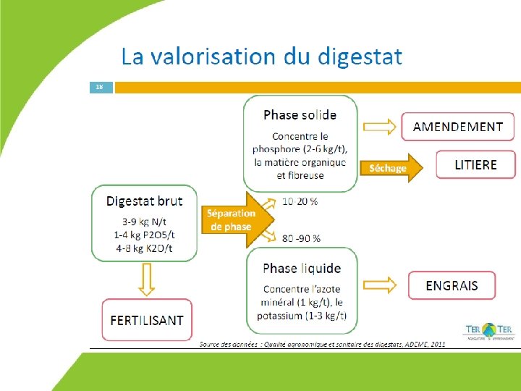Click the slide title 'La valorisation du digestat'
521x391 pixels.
pos(261,56)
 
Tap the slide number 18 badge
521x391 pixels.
pos(100,87)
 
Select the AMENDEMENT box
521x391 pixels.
pos(457,127)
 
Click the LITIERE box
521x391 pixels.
pos(475,164)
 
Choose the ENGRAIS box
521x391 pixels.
pos(452,285)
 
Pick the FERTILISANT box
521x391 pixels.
pos(147,320)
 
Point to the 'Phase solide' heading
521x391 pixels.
pos(300,114)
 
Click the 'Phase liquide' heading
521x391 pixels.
pos(302,269)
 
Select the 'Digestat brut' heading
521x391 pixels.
pos(145,201)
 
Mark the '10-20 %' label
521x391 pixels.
pos(300,201)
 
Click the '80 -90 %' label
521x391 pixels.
pos(302,237)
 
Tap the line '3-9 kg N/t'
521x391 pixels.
pos(144,222)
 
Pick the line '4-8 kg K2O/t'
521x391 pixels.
pos(144,248)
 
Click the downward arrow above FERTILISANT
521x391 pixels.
pos(147,279)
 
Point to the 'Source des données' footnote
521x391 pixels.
pos(323,344)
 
